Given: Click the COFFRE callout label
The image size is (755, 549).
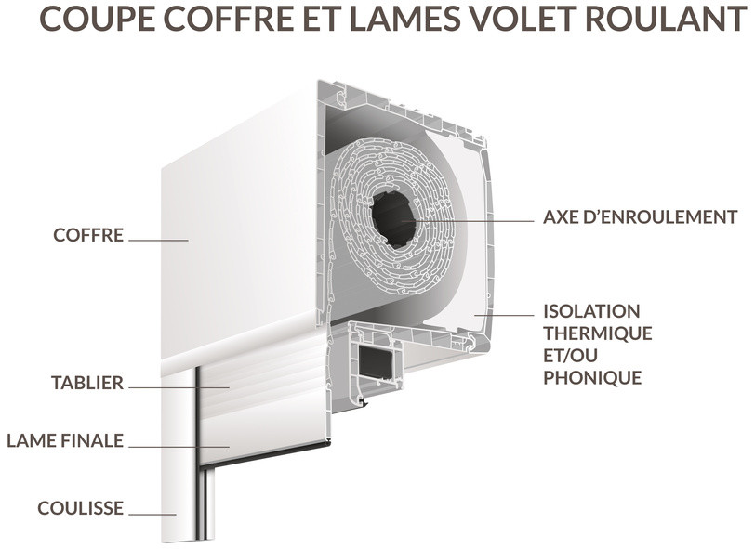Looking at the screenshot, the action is pos(88,235).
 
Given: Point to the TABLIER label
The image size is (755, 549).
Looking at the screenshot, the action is pos(87,383).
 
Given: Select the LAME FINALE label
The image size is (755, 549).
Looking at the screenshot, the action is pos(65,440).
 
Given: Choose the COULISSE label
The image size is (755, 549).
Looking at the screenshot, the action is pos(80,508).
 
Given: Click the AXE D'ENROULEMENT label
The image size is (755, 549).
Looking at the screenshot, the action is pos(641,217).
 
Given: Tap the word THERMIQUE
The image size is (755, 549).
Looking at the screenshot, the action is pos(598,333).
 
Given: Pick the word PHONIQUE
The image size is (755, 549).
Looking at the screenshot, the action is pos(592,378).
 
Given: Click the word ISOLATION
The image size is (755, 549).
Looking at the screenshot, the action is pos(591,311).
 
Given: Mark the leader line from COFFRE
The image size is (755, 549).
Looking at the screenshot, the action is pos(158,240).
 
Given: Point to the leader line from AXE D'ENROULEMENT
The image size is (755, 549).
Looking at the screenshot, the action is pos(467,221).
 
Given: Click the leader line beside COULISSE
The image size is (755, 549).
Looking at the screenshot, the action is pos(152,515).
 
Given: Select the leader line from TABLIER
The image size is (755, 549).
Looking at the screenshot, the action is pos(179,387).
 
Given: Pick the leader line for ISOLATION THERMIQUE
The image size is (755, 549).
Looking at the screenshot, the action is pos(504,316).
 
